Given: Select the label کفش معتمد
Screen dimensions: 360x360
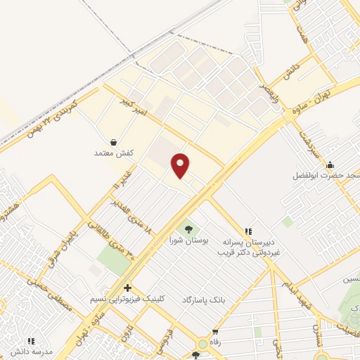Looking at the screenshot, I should pos(113,153).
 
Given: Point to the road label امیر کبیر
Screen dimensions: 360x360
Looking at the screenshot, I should pos(133,103).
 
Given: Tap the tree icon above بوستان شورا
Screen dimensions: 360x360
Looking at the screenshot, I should pos(188,229).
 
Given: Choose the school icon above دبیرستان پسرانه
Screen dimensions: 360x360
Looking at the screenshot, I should pos(247,231).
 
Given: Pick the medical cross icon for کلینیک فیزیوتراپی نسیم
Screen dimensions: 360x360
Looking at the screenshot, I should pos(127,288).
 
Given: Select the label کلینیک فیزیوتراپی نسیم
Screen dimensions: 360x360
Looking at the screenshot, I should pos(137,298).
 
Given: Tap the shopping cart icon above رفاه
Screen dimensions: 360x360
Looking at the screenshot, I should pos(215,332).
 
